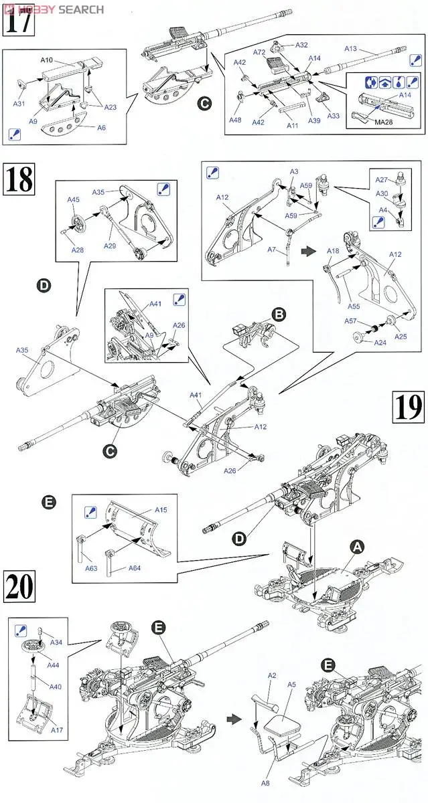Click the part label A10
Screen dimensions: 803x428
click(50, 60)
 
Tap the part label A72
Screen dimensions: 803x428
click(259, 52)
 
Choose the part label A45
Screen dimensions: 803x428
click(73, 199)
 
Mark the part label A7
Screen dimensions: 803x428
click(272, 250)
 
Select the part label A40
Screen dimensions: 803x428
click(55, 686)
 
